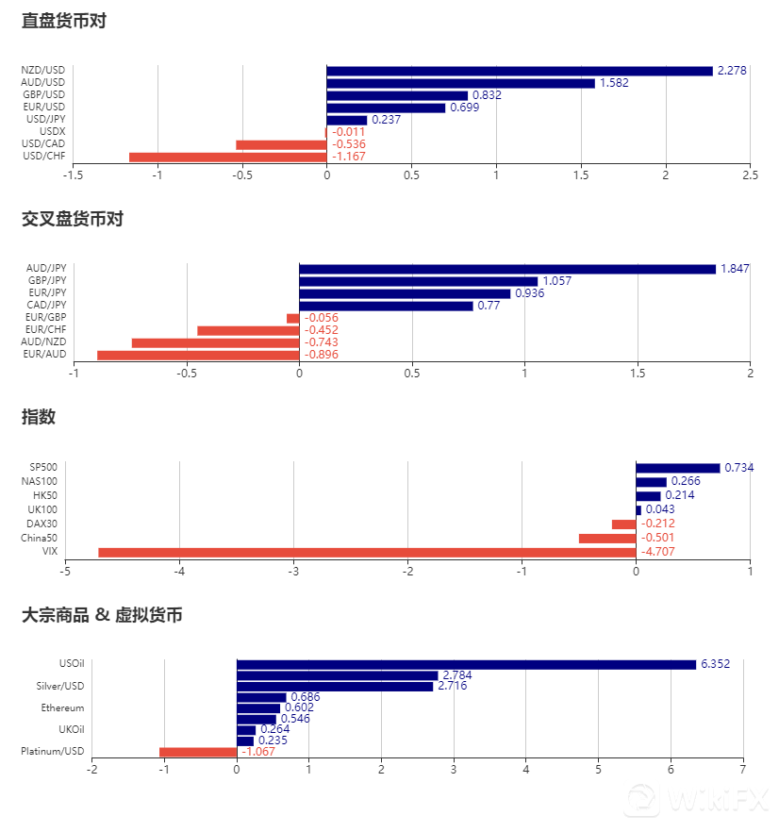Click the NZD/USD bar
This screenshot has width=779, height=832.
coord(519,71)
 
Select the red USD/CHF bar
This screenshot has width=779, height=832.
coord(227,157)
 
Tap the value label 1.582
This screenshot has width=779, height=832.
coord(614,83)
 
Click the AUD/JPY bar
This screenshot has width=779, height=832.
coord(507,269)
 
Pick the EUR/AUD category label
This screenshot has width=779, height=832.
coord(44,355)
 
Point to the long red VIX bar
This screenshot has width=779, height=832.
coord(367,552)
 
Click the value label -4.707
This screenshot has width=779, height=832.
coord(658,552)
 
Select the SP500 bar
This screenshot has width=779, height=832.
coord(677,468)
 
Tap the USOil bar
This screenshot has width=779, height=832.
coord(466,664)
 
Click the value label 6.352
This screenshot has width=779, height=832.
coord(715,664)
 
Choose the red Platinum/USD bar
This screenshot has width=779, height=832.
coord(198,752)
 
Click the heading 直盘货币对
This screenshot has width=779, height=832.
coord(64,21)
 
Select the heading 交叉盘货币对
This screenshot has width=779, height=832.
coord(73,219)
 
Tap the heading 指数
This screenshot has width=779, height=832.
coord(39,417)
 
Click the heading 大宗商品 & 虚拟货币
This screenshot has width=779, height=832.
coord(102,615)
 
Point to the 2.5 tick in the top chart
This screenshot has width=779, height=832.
coord(750,175)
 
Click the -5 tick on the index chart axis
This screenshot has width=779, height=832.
coord(65,571)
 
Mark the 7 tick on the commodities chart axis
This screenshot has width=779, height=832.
coord(743,769)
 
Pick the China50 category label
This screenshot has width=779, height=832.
coord(39,538)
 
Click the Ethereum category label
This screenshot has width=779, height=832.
coord(62,707)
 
